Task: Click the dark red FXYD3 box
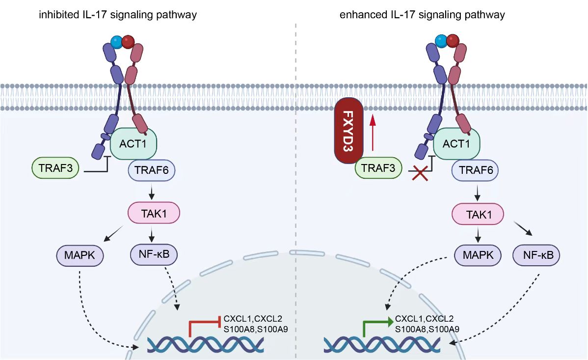[x=347, y=132]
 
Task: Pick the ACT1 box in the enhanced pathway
[x=457, y=144]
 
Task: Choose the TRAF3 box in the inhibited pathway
[x=55, y=167]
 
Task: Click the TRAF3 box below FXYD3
[x=378, y=167]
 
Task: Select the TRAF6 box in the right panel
[x=475, y=171]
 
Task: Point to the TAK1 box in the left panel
[x=154, y=214]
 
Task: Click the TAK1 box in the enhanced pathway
[x=477, y=214]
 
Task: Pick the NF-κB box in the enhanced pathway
[x=536, y=255]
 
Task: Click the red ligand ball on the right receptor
[x=453, y=40]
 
